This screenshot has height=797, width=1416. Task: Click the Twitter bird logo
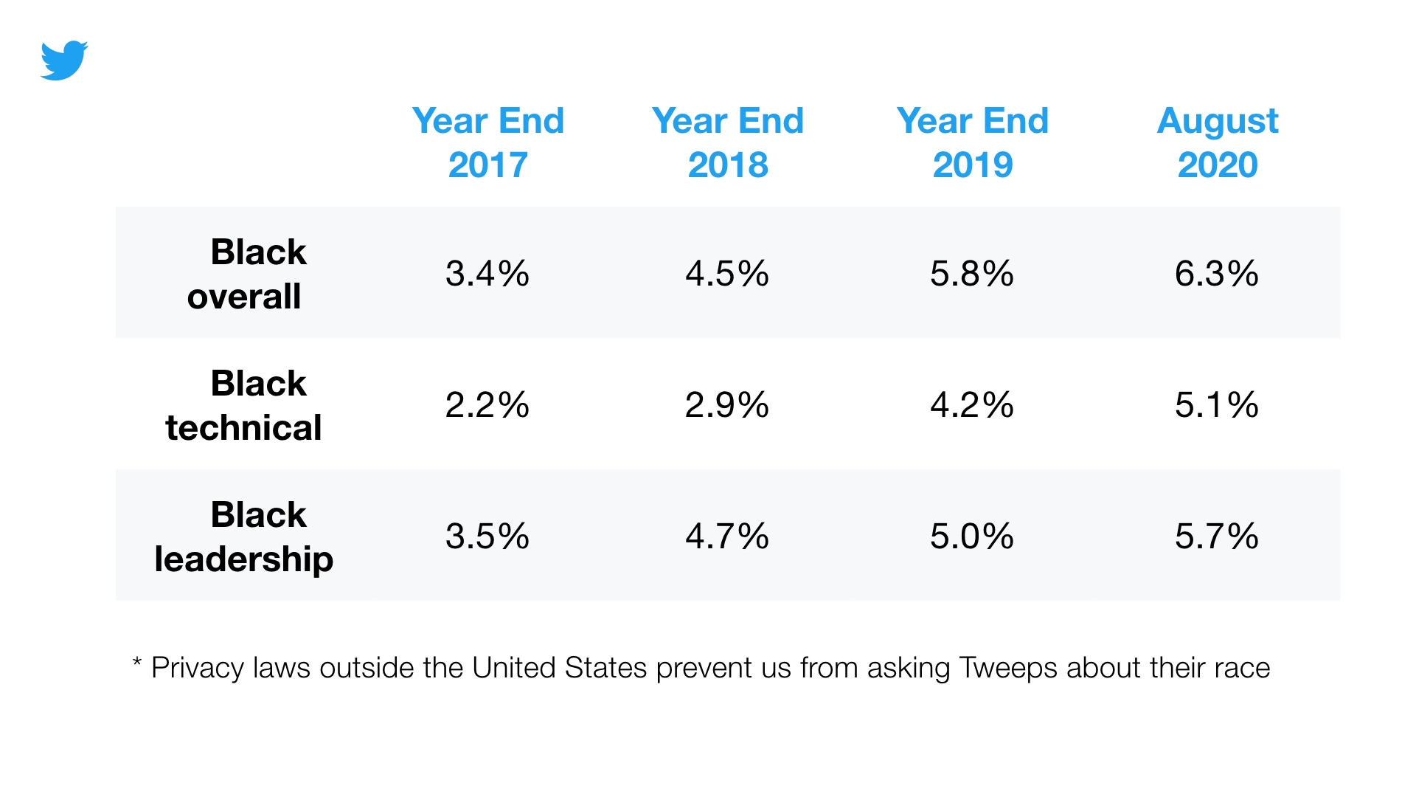pos(63,61)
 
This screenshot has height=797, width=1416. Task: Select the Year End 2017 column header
pos(487,142)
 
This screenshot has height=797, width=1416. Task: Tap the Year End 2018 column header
pos(727,142)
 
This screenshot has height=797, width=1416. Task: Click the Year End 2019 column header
pos(972,142)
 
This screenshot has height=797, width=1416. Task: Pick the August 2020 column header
pos(1217,142)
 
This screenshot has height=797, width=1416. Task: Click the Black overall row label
pos(245,274)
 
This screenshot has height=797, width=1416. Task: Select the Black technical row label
pos(243,405)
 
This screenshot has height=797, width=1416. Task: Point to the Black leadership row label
pos(243,536)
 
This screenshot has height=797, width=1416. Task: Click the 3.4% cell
pos(487,274)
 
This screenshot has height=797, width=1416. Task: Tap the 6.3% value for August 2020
pos(1216,274)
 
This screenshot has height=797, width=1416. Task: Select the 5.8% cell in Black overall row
pos(971,274)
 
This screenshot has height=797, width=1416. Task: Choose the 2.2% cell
pos(487,405)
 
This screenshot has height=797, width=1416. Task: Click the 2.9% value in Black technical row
pos(726,405)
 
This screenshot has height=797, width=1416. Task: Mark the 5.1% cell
pos(1216,405)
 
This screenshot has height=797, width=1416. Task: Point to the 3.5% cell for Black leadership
pos(487,536)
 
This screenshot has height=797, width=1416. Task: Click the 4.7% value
pos(726,536)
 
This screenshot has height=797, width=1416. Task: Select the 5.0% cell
pos(971,536)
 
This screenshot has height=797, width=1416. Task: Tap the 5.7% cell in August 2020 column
pos(1216,536)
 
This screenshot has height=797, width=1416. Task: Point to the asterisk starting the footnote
pos(136,662)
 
